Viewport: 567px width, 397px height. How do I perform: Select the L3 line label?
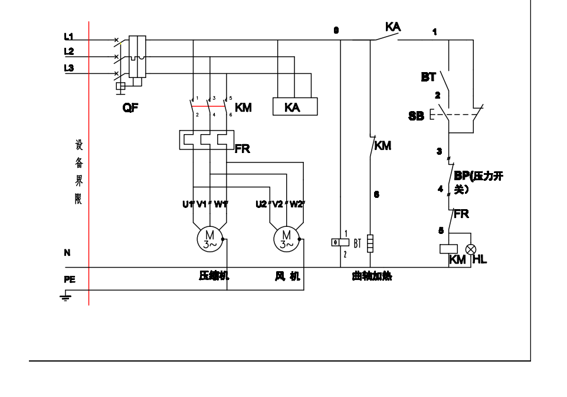click(69, 69)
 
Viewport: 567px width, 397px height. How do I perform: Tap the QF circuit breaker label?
click(131, 108)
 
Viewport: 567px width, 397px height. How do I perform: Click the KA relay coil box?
click(294, 106)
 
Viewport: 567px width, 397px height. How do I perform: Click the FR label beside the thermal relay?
click(242, 149)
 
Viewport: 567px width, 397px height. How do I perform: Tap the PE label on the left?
click(70, 280)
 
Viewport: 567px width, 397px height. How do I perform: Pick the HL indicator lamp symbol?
click(471, 249)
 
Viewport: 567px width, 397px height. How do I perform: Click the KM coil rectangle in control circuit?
click(449, 249)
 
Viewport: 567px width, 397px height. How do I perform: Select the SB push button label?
click(416, 116)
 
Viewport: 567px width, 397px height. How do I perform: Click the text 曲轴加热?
click(372, 276)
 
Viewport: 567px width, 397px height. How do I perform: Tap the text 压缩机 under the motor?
click(214, 276)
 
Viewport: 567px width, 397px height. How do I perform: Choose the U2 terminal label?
click(261, 204)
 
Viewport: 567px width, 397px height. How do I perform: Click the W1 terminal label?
click(221, 204)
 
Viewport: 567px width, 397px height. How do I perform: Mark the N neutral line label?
click(67, 253)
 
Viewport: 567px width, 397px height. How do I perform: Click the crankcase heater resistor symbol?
click(370, 243)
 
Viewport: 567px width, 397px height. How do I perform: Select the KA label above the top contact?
click(393, 27)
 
